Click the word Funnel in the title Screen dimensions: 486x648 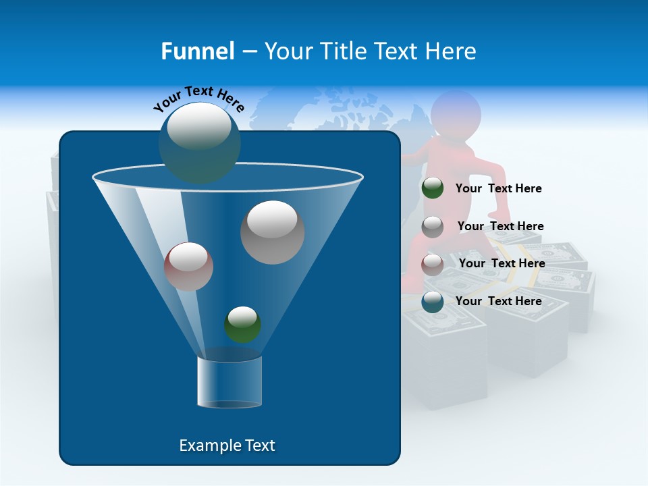[x=197, y=51]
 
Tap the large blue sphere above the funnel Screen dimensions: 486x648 [x=200, y=142]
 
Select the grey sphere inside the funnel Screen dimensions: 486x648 [x=272, y=232]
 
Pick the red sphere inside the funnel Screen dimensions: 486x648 [x=188, y=267]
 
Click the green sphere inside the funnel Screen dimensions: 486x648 [x=242, y=325]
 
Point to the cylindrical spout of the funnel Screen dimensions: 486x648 [x=229, y=382]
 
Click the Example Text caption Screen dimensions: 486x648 [x=227, y=446]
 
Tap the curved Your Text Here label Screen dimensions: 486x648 [x=198, y=99]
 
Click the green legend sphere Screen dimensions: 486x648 [x=433, y=188]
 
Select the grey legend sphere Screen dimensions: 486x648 [x=433, y=227]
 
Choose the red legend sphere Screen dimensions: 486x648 [x=433, y=264]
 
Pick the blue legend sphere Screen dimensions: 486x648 [x=433, y=302]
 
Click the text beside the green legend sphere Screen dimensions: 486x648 [x=498, y=189]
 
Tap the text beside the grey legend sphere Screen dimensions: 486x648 [x=500, y=227]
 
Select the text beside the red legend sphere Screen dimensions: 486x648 [x=502, y=264]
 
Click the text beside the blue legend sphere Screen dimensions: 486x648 [x=498, y=302]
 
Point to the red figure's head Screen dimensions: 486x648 [x=456, y=112]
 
